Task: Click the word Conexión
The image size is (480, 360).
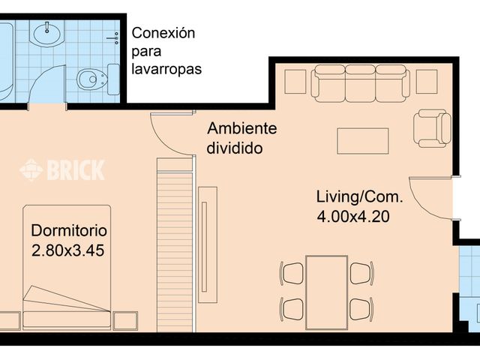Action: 163,34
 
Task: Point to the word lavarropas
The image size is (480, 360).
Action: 166,69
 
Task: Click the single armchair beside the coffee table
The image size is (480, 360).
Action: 432,128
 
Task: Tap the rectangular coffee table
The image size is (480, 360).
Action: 362,141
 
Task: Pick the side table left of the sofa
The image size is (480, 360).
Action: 295,81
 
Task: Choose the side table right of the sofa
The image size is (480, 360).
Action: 426,80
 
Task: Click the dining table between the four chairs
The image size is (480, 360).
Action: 327,289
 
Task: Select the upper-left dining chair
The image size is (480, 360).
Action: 292,273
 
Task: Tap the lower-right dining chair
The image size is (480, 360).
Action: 361,307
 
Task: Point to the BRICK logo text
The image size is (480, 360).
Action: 76,170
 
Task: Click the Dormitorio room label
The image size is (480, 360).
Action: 69,230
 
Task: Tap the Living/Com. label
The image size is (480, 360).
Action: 359,198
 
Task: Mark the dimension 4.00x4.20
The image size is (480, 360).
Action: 355,217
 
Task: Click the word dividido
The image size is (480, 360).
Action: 235,148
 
